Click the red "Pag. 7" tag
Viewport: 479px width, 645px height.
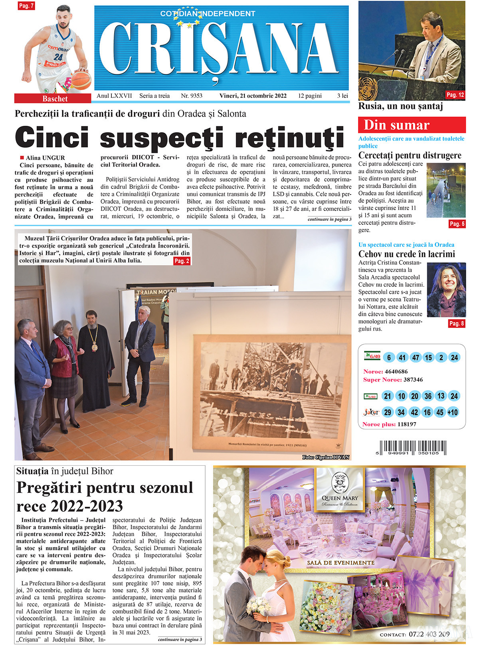pos(26,6)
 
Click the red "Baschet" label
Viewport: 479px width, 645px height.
pos(55,99)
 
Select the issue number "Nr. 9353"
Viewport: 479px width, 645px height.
pos(192,96)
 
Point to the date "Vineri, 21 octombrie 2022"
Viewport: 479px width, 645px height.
pos(253,96)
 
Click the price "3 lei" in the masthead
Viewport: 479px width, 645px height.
pos(342,96)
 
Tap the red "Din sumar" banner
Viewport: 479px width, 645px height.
pos(412,125)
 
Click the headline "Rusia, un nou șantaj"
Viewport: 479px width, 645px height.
pos(400,106)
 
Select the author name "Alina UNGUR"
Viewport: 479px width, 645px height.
pos(45,158)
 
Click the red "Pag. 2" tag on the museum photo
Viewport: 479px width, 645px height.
pos(182,261)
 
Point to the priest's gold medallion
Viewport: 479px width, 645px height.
pos(94,347)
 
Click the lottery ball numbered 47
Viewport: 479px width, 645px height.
pos(415,357)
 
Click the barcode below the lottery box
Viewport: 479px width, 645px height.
pos(412,448)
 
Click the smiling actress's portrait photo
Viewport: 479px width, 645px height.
pos(446,290)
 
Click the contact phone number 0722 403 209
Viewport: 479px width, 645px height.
pos(429,634)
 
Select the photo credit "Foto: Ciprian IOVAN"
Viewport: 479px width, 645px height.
pos(326,457)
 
